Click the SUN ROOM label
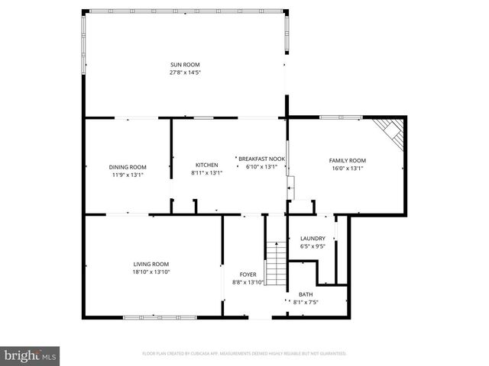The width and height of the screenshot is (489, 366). (x=185, y=64)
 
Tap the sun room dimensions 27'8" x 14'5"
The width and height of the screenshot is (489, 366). (x=185, y=72)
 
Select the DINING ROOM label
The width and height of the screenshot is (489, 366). (x=128, y=167)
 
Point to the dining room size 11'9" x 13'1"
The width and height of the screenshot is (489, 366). (x=128, y=175)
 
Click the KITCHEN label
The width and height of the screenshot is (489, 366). (x=207, y=165)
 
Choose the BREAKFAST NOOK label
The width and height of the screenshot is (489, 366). (x=262, y=159)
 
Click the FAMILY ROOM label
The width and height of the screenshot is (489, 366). (x=348, y=160)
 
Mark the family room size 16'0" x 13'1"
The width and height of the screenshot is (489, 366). (x=348, y=169)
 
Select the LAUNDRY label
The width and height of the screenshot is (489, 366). (x=313, y=239)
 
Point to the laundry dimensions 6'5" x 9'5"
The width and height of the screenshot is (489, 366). (x=313, y=246)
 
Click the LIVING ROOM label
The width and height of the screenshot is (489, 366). (x=151, y=264)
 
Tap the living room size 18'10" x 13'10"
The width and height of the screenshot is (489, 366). (x=151, y=272)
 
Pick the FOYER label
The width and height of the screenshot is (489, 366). (x=248, y=274)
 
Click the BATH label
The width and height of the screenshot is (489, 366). (x=306, y=294)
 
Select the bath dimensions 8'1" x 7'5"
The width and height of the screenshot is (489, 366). (x=306, y=303)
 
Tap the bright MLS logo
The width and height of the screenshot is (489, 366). (x=31, y=355)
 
